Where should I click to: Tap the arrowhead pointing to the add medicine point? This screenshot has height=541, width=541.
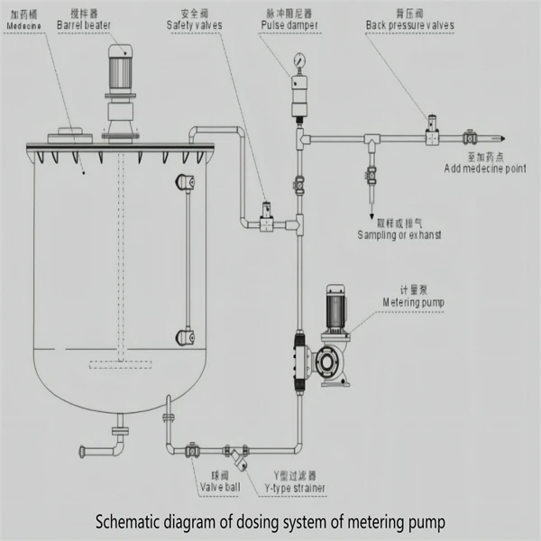pyautogui.click(x=502, y=138)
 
